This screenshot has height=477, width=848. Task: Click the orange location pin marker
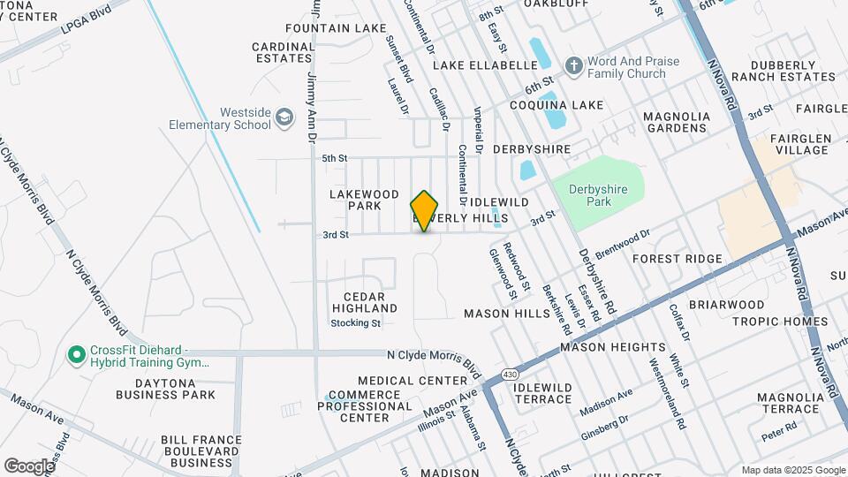425,211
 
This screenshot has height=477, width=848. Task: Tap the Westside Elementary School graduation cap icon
284,117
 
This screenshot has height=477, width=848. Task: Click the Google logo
29,466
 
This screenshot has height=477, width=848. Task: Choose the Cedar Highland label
365,301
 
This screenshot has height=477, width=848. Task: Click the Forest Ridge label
678,259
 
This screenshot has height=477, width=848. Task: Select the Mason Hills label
507,314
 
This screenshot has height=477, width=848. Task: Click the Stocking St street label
355,323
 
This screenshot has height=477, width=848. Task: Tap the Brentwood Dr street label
622,243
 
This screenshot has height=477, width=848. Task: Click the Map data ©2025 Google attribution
791,470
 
